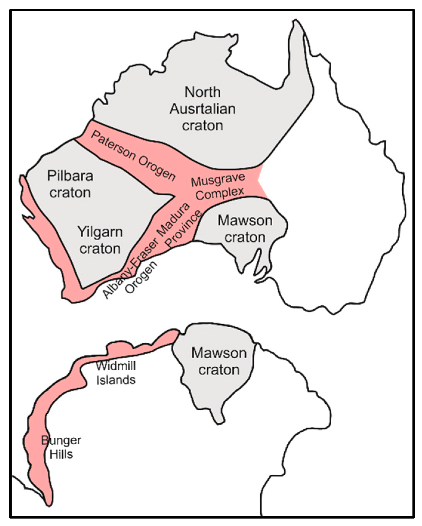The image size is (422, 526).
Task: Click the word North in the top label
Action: [x=203, y=92]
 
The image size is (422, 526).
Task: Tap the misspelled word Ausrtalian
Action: [x=203, y=109]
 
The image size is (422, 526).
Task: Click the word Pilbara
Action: [x=70, y=176]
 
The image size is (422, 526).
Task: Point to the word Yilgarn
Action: [x=100, y=232]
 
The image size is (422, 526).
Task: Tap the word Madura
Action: [x=173, y=219]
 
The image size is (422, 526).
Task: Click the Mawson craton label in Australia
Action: [x=245, y=229]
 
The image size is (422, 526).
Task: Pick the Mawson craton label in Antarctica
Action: [x=219, y=361]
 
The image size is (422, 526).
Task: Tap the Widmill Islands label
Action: [x=116, y=373]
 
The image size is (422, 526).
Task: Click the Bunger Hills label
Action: [x=61, y=447]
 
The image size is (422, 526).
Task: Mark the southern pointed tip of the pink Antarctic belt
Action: [x=49, y=504]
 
